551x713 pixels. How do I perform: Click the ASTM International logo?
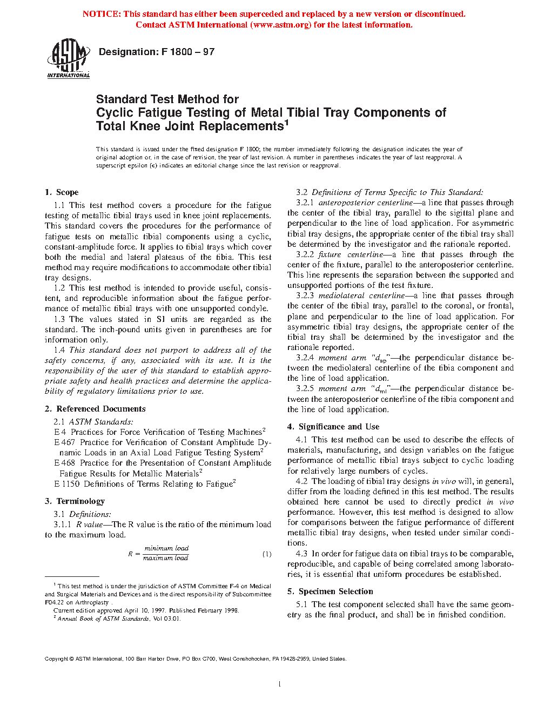click(x=69, y=58)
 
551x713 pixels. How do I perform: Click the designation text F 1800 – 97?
click(x=157, y=52)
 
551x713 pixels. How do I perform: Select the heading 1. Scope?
click(x=62, y=192)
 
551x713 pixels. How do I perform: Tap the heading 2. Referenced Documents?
click(x=95, y=409)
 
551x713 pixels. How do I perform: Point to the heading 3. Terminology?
click(x=75, y=501)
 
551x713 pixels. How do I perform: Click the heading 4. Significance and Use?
click(x=333, y=427)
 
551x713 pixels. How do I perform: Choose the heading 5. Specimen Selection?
click(x=330, y=591)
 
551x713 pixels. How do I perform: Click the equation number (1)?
click(x=267, y=554)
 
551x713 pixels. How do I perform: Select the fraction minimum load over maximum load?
click(x=166, y=553)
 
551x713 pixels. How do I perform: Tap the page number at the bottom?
click(x=279, y=684)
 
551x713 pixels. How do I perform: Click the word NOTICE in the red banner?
click(x=102, y=14)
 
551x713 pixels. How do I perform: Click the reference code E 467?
click(x=65, y=442)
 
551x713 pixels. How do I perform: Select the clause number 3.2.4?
click(x=305, y=358)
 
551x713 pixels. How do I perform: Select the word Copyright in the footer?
click(x=56, y=658)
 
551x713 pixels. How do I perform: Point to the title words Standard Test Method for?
click(x=167, y=99)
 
